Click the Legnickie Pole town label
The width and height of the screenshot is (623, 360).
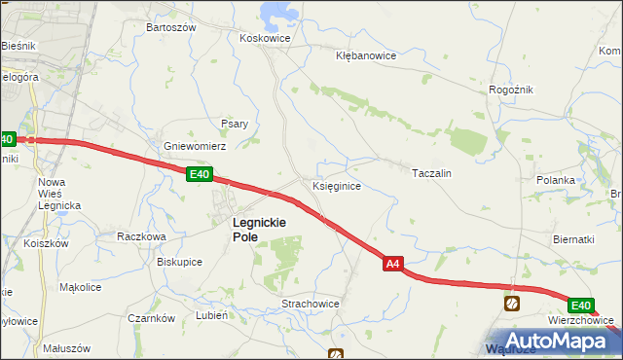pyautogui.click(x=258, y=229)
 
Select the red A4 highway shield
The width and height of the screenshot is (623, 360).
pyautogui.click(x=391, y=264)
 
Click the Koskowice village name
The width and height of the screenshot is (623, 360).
pyautogui.click(x=260, y=39)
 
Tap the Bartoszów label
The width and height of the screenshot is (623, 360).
pyautogui.click(x=171, y=27)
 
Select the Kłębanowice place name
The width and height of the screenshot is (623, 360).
pyautogui.click(x=366, y=55)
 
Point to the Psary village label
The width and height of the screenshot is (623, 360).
pyautogui.click(x=235, y=124)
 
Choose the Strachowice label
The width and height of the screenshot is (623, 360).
pyautogui.click(x=311, y=304)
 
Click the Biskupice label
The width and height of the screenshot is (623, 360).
pyautogui.click(x=179, y=262)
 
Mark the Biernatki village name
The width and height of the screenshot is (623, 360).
pyautogui.click(x=573, y=239)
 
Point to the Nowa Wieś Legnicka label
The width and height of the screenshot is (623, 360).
pyautogui.click(x=58, y=194)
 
